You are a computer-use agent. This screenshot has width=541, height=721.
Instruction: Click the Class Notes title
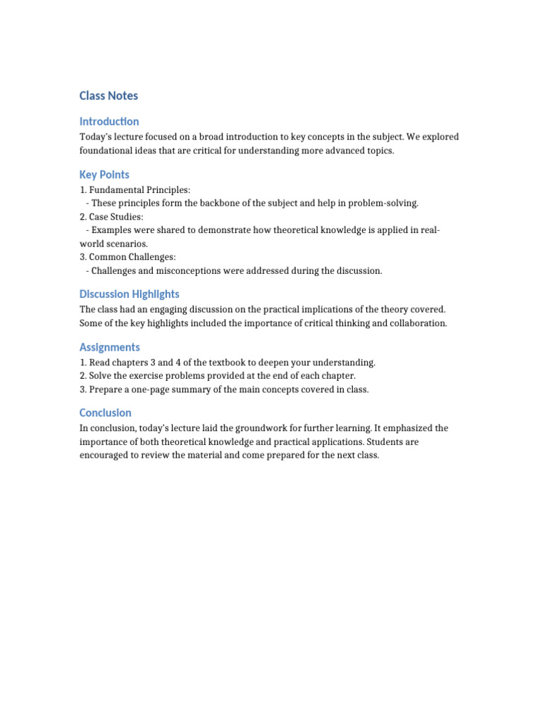108,96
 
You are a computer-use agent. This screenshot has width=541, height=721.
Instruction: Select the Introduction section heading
109,121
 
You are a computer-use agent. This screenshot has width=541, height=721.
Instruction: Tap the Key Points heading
104,175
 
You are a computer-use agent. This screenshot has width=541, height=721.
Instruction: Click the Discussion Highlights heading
129,294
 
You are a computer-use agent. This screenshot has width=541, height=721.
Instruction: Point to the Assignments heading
110,347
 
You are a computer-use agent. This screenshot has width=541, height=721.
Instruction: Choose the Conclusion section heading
106,413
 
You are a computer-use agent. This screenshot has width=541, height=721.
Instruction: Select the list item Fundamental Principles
139,190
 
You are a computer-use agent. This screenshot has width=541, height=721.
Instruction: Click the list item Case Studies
116,217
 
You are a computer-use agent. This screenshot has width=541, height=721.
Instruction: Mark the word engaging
175,309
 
